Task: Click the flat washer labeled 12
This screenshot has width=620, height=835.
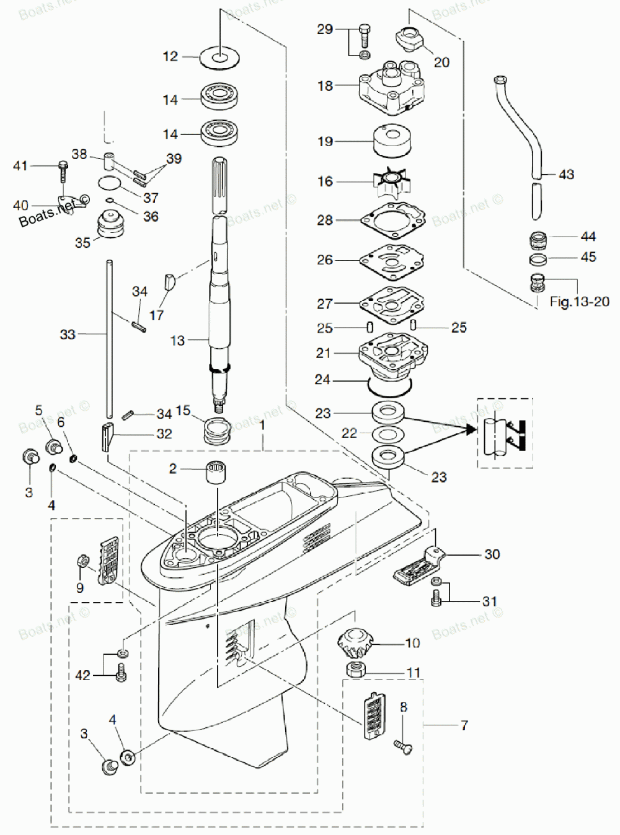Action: (x=219, y=58)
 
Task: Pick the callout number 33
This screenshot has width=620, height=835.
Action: (x=68, y=334)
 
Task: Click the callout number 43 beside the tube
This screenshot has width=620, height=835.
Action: (x=566, y=175)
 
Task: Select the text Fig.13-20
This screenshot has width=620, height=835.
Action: (x=579, y=302)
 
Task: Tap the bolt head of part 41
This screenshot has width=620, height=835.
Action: (x=63, y=165)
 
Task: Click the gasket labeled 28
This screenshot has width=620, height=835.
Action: (x=393, y=219)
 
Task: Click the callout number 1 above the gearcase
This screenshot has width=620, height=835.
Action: (x=262, y=426)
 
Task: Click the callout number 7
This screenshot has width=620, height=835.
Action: (x=464, y=725)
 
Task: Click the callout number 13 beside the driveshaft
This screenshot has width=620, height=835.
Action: (x=177, y=340)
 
